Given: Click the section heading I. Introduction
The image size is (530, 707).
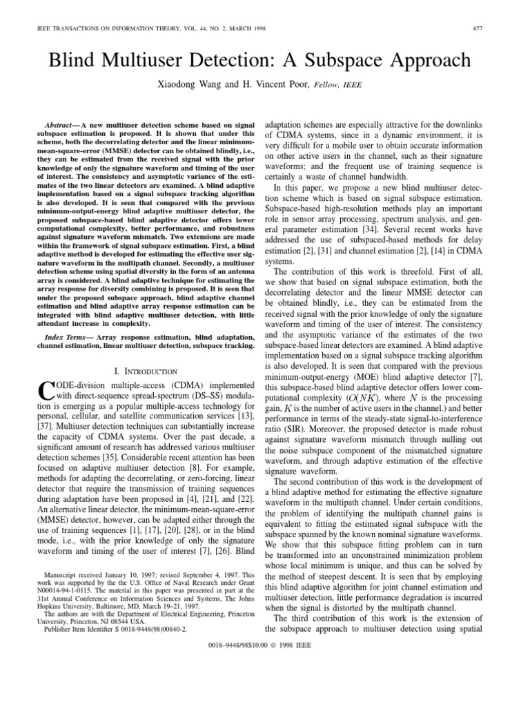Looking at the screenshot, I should [x=145, y=371].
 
